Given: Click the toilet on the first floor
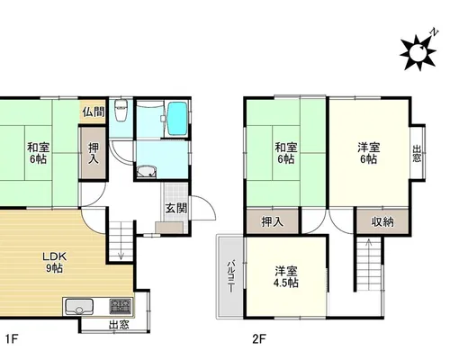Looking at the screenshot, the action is (121, 111).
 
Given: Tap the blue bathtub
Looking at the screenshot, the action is (176, 119).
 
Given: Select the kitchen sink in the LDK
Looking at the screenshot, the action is (79, 306).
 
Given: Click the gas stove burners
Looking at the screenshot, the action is (120, 306).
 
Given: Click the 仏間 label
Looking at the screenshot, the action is (94, 112).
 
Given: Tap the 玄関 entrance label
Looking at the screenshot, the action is (176, 208).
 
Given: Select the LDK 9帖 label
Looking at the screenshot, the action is (54, 262).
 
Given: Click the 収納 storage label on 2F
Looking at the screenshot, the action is (382, 222).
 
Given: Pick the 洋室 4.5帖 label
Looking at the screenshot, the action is (286, 277).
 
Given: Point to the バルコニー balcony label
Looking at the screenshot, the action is (230, 276).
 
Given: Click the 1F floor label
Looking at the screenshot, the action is (12, 339).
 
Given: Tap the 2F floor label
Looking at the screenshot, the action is (259, 339).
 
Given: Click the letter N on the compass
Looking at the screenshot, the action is (434, 31).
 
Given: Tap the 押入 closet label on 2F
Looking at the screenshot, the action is (272, 222).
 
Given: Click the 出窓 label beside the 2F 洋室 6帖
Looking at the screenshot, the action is (417, 154).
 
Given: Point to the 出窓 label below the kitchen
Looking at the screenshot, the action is (119, 325).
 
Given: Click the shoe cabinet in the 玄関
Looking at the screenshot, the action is (169, 228).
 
